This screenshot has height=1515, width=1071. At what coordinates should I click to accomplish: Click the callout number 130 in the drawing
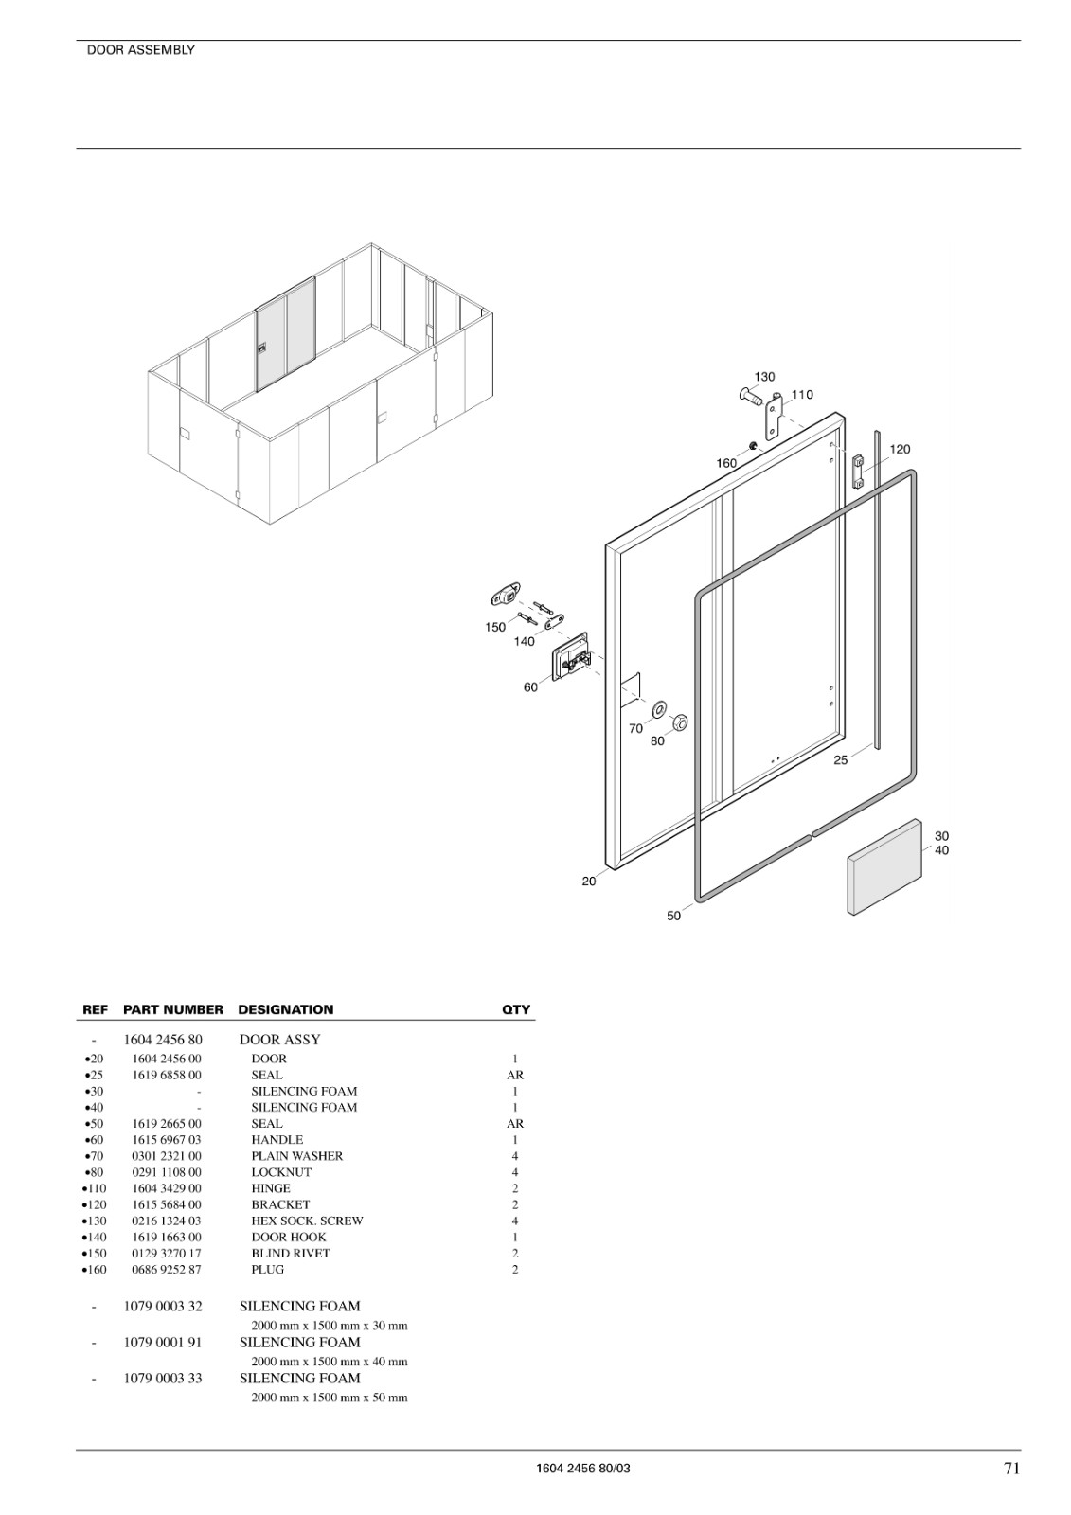pyautogui.click(x=764, y=377)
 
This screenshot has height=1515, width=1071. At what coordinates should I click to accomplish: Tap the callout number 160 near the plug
pyautogui.click(x=726, y=463)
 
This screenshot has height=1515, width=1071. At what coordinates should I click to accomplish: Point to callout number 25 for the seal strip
pyautogui.click(x=840, y=760)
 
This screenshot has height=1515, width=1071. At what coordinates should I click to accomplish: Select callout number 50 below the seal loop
pyautogui.click(x=674, y=916)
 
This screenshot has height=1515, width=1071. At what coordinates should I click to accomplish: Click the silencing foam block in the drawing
pyautogui.click(x=885, y=866)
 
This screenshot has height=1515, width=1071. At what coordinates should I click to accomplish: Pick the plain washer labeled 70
pyautogui.click(x=658, y=710)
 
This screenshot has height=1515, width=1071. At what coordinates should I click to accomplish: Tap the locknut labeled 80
pyautogui.click(x=679, y=722)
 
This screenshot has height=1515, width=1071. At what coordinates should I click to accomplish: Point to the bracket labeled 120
pyautogui.click(x=858, y=471)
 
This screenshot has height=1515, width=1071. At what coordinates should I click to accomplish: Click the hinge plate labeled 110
pyautogui.click(x=775, y=417)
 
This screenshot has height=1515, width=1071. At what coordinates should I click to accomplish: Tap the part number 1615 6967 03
pyautogui.click(x=167, y=1140)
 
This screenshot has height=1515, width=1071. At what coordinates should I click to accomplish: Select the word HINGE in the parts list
pyautogui.click(x=271, y=1188)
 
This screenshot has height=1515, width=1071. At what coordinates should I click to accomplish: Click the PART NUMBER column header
pyautogui.click(x=173, y=1009)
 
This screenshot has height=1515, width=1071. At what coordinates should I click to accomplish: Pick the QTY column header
pyautogui.click(x=516, y=1009)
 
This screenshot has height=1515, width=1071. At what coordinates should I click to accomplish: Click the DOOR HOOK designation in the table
pyautogui.click(x=289, y=1237)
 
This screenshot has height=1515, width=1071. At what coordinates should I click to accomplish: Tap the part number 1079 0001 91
pyautogui.click(x=163, y=1342)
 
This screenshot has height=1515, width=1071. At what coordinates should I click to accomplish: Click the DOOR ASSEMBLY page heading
pyautogui.click(x=141, y=50)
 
